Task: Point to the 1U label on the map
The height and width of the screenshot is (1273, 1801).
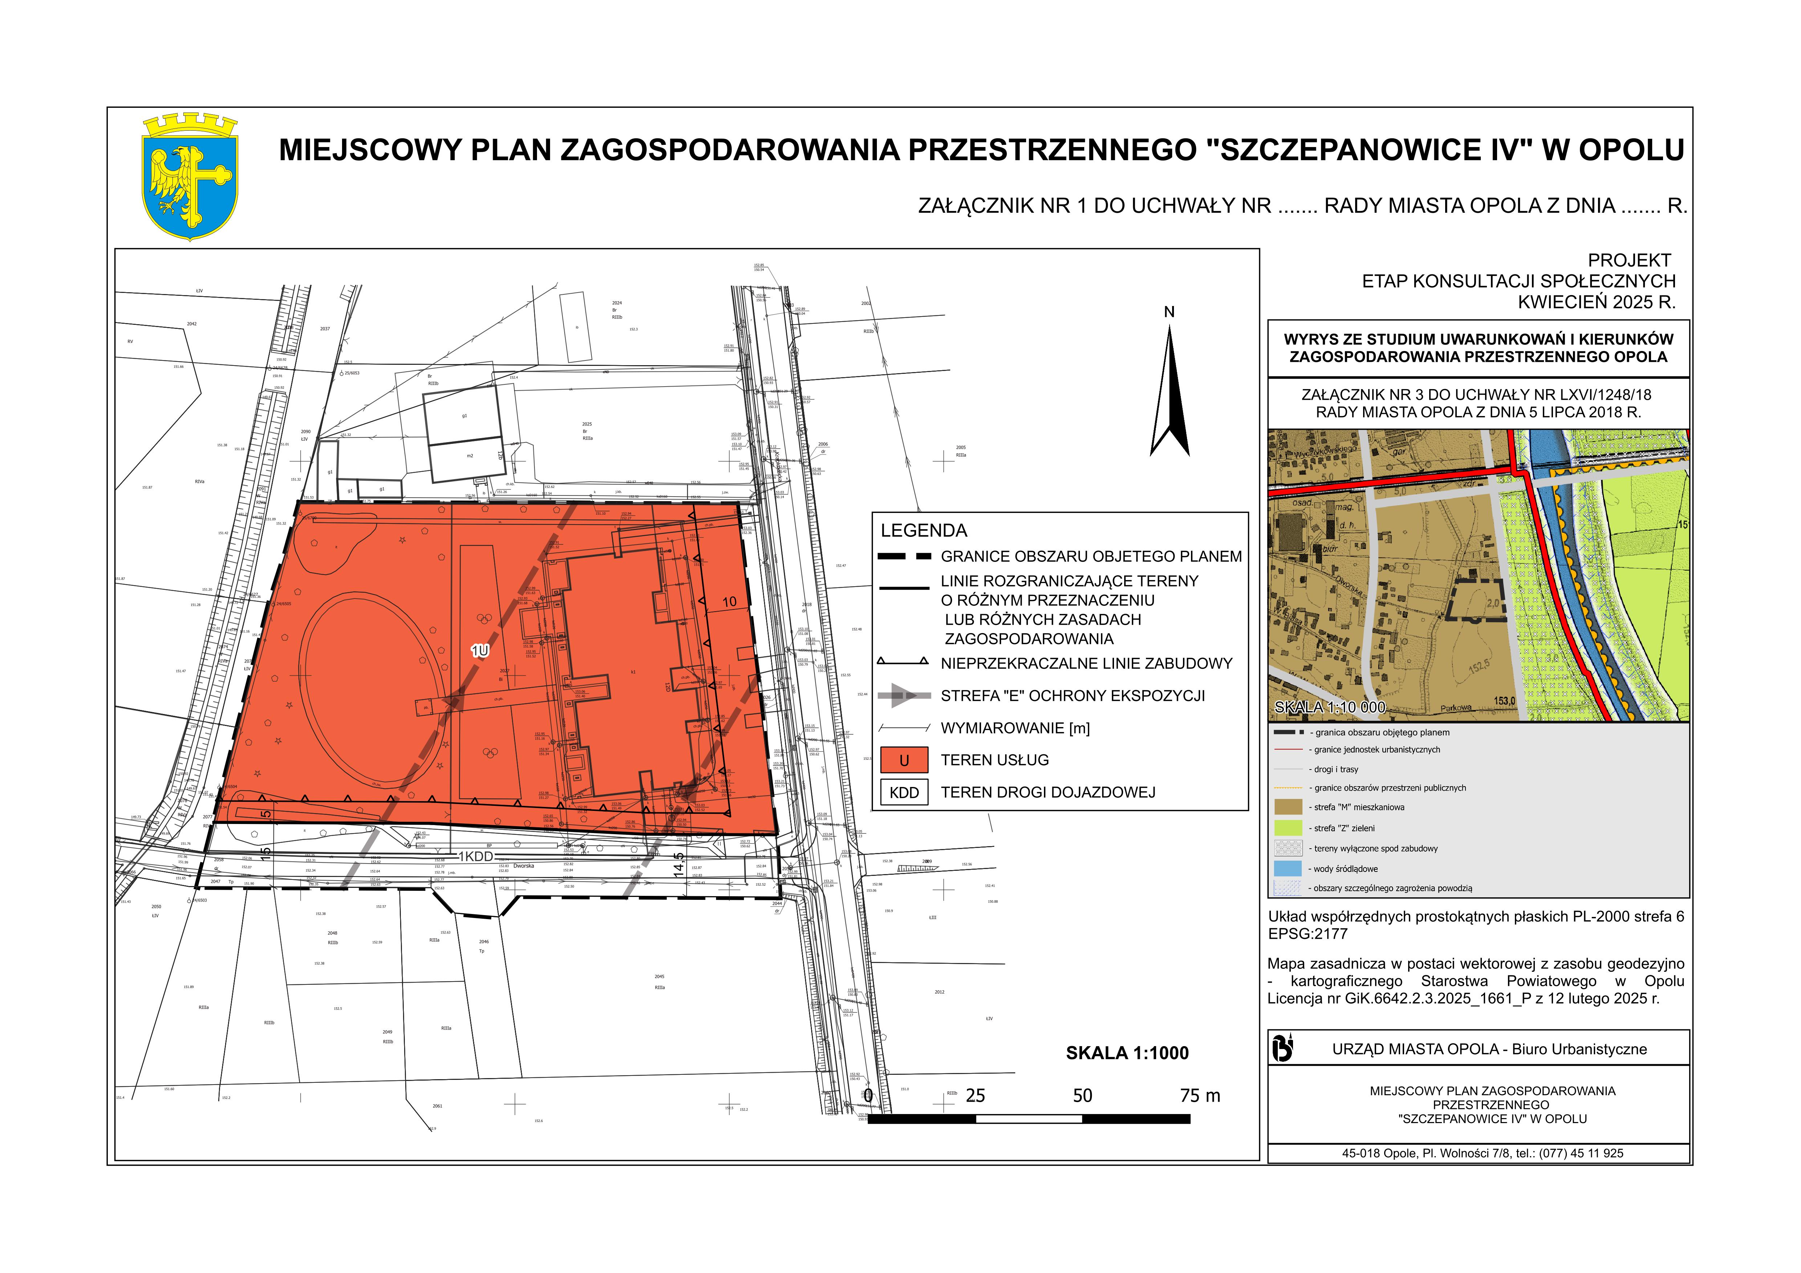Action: tap(480, 650)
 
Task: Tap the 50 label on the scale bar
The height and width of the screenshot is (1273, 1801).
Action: tap(1082, 1096)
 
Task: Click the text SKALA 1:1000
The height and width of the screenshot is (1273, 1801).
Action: tap(1127, 1053)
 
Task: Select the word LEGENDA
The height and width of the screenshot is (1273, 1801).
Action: tap(924, 530)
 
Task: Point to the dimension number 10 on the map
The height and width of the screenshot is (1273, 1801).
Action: tap(729, 603)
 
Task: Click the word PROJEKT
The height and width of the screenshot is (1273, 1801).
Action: tap(1629, 260)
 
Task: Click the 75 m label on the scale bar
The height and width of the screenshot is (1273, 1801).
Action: tap(1200, 1096)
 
